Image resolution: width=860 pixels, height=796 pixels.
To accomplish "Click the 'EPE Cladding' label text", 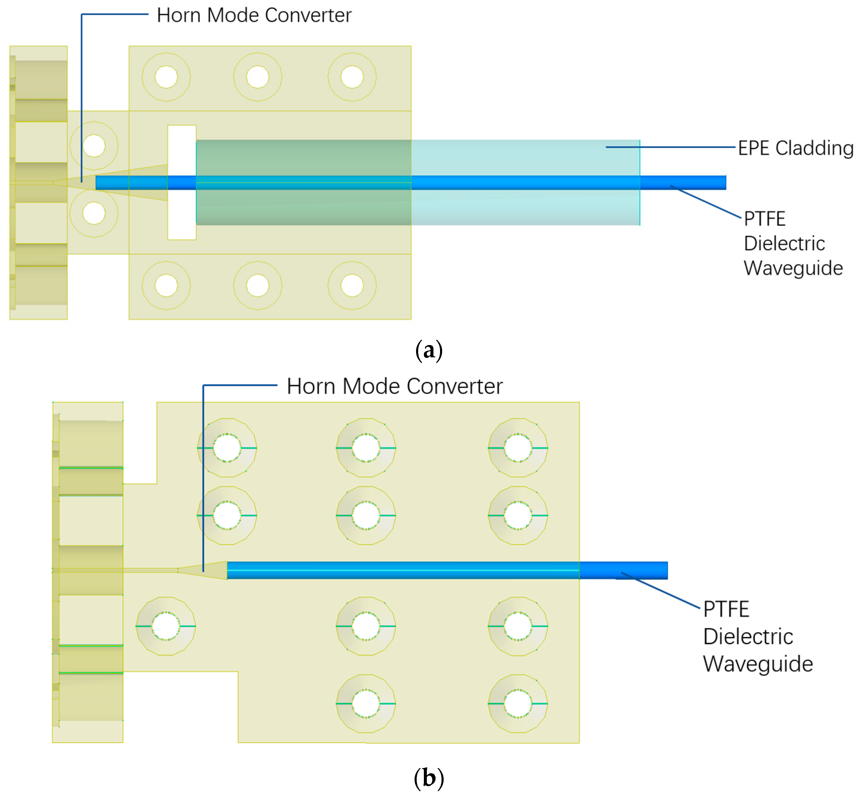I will coord(795,148).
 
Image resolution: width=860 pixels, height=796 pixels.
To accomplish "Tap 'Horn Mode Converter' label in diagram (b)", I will coord(394,386).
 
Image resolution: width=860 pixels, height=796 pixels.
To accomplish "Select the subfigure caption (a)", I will coord(429,350).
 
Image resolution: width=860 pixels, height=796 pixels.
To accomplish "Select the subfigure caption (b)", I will coord(429,778).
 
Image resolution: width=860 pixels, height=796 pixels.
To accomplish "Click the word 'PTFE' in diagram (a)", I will coord(764,219).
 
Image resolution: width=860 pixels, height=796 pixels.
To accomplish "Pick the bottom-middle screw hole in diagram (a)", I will coord(258,285).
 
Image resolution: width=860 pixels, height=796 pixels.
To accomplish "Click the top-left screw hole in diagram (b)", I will coord(227,448).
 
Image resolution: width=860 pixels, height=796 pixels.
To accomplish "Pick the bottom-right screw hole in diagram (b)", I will coord(518,704).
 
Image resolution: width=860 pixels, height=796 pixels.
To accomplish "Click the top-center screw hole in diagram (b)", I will coord(366,448).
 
